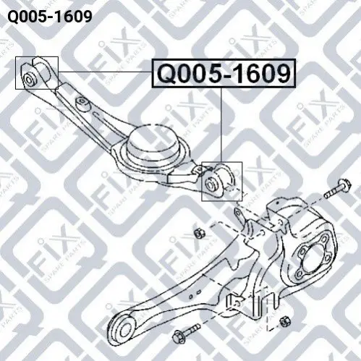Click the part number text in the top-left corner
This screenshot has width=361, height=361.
coord(50,17)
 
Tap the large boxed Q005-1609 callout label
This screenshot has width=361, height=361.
coord(224,73)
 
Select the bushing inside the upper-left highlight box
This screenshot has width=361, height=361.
coord(30,79)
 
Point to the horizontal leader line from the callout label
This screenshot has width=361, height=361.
coord(105,72)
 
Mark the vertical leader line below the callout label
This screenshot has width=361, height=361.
coord(221,124)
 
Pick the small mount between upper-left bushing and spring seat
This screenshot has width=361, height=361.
coord(82,103)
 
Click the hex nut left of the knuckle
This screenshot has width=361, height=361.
coord(199,233)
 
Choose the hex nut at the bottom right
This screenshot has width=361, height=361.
coord(286,322)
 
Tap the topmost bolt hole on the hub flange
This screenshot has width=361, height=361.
coord(325,239)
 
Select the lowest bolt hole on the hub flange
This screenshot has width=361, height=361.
coord(300,273)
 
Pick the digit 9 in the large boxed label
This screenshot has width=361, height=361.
coord(281,73)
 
